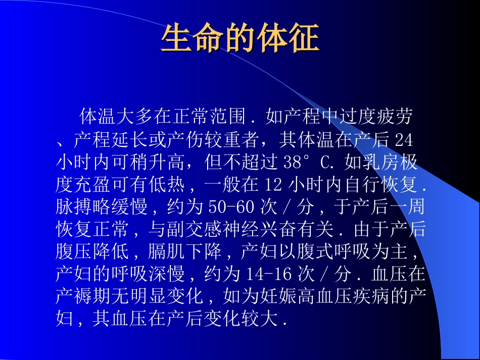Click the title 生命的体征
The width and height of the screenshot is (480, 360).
pyautogui.click(x=239, y=39)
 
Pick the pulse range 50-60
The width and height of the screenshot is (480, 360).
pyautogui.click(x=230, y=207)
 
